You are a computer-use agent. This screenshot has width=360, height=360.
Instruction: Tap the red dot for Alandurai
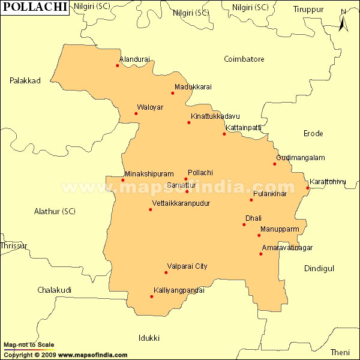118,65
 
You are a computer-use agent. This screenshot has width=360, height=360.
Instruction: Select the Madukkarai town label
193,87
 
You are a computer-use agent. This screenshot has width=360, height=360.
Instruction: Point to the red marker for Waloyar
136,113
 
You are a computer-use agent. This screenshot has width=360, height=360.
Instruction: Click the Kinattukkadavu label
215,115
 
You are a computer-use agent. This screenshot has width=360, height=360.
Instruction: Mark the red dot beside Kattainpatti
224,134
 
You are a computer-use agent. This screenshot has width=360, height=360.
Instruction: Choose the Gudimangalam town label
301,158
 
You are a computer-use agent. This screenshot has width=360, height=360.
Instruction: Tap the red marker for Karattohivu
307,188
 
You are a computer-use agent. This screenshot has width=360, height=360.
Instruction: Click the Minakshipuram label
149,173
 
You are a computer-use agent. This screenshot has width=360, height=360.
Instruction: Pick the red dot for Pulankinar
251,200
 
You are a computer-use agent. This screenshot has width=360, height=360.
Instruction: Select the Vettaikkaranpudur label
181,203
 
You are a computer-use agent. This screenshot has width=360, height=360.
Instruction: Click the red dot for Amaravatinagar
261,254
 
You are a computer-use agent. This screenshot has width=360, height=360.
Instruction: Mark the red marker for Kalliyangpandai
152,296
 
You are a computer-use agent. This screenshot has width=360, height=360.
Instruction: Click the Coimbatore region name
244,59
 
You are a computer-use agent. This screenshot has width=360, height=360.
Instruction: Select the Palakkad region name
25,80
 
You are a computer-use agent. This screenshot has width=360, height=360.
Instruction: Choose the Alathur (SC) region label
55,211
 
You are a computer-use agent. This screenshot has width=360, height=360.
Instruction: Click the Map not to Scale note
29,345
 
